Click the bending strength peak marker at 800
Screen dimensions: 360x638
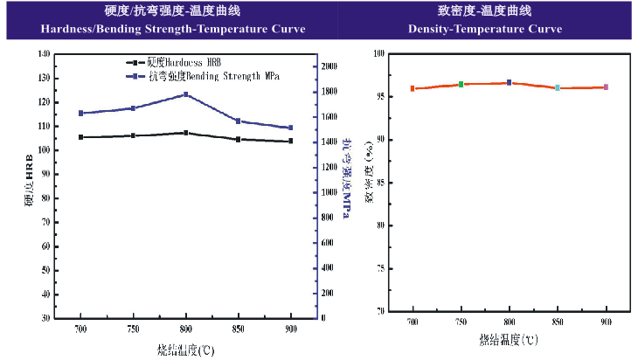(185, 94)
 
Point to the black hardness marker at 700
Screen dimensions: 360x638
(80, 137)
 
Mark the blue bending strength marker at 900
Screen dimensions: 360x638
(290, 128)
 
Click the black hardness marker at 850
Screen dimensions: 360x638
(238, 139)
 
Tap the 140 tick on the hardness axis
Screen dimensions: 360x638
(44, 54)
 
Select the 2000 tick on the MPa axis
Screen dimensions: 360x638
(329, 66)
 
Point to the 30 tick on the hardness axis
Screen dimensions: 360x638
(45, 318)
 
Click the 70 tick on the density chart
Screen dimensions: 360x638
(381, 310)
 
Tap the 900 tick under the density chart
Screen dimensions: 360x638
(606, 322)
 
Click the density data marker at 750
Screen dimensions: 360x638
(461, 85)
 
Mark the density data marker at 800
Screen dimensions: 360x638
(509, 83)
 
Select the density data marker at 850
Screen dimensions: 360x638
(557, 87)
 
